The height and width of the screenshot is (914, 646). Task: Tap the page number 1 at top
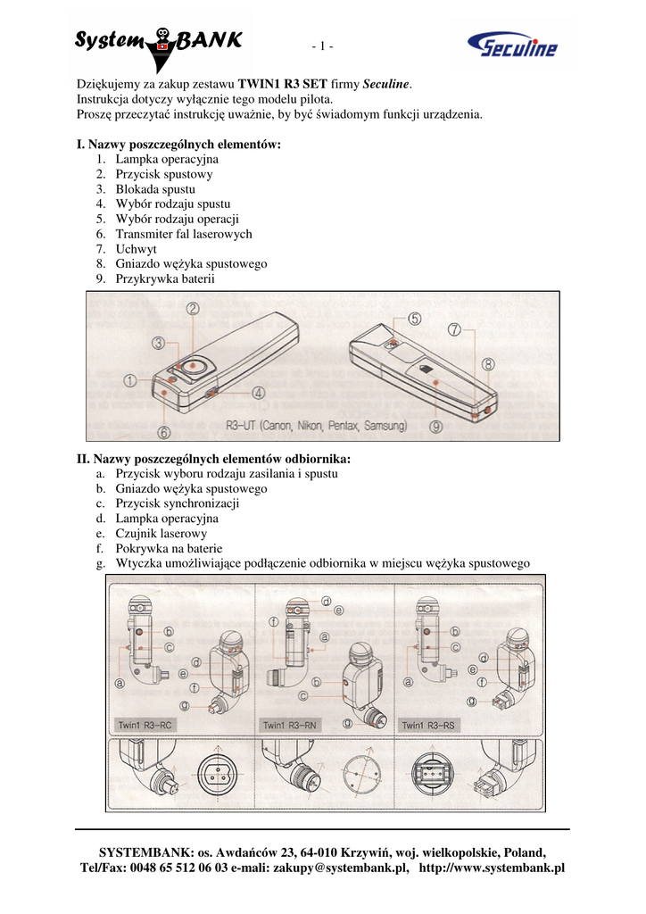pyautogui.click(x=322, y=46)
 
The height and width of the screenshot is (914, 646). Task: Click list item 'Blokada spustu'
pyautogui.click(x=155, y=189)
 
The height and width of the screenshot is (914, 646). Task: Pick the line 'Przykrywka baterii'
pyautogui.click(x=165, y=279)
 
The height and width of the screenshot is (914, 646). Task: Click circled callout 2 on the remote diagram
pyautogui.click(x=193, y=309)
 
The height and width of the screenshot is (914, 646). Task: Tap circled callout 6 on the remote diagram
pyautogui.click(x=164, y=432)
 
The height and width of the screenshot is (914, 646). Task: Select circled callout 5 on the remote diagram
pyautogui.click(x=416, y=319)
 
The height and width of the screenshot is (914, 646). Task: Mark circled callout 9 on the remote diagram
pyautogui.click(x=435, y=427)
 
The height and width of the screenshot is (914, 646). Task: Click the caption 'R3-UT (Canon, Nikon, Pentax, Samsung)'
pyautogui.click(x=316, y=426)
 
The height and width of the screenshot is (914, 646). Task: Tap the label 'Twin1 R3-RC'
pyautogui.click(x=145, y=726)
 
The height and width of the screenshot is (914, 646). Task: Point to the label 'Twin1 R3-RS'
pyautogui.click(x=427, y=726)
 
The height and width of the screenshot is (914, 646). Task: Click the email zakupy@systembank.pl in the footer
pyautogui.click(x=341, y=868)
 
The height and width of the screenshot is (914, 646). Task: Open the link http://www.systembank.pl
pyautogui.click(x=492, y=868)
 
